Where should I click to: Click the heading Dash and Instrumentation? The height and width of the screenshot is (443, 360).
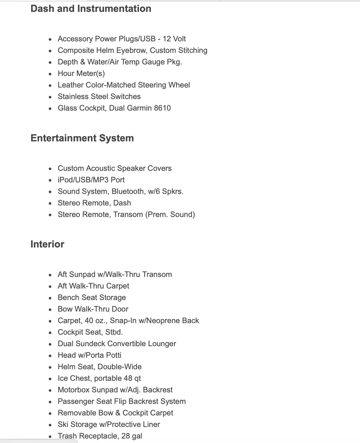(91, 9)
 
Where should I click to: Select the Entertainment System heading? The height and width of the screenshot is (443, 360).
(82, 138)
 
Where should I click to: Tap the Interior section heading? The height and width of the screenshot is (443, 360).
(47, 244)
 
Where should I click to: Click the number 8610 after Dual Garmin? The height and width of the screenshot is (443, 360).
(162, 108)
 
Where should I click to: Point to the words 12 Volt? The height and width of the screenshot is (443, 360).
(174, 39)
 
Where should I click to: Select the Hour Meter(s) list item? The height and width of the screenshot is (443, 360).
(81, 73)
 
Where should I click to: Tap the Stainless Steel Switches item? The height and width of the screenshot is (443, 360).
(99, 96)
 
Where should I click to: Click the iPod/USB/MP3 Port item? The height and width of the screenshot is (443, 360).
(91, 180)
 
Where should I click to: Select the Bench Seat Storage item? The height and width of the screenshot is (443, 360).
(92, 297)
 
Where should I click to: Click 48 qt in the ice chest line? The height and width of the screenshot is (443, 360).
(132, 378)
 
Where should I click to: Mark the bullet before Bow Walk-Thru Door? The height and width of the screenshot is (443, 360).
(50, 310)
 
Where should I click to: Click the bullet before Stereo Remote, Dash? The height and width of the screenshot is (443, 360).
(50, 204)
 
